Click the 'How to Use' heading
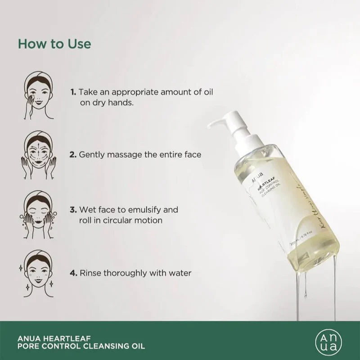click(54, 44)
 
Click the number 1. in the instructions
click(73, 92)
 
